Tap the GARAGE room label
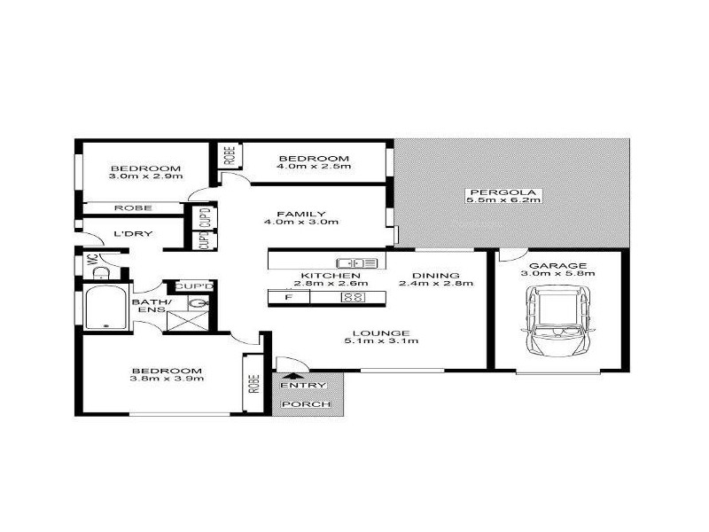pyautogui.click(x=558, y=266)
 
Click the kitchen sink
pyautogui.click(x=357, y=262)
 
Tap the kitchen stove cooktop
pyautogui.click(x=354, y=297)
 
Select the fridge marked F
pyautogui.click(x=288, y=297)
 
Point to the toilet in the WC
pyautogui.click(x=100, y=272)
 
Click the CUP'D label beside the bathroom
pyautogui.click(x=194, y=286)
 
